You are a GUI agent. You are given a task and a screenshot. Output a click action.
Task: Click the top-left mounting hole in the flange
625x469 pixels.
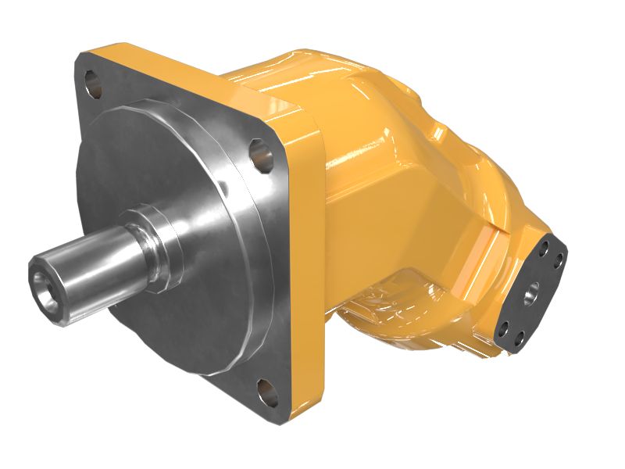tap(93, 81)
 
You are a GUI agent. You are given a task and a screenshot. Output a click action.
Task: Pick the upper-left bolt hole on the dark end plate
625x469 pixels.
tap(539, 252)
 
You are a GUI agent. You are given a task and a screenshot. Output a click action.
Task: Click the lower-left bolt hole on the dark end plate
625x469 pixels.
tap(505, 327)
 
